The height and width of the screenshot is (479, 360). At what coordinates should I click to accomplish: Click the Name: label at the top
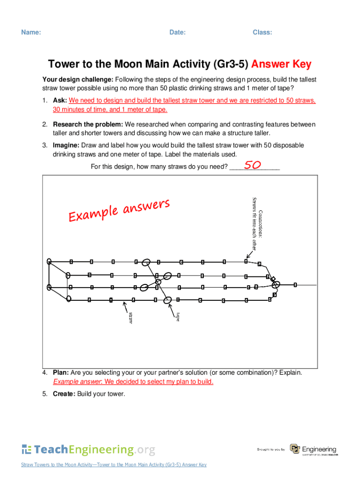(x=30, y=32)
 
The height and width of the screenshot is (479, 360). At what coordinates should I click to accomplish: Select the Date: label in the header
(x=177, y=32)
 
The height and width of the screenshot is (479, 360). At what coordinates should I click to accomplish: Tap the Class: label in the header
(x=262, y=32)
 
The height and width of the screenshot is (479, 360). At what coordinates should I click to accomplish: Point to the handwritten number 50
(x=252, y=165)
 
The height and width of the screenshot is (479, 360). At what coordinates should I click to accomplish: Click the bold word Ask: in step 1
(x=60, y=101)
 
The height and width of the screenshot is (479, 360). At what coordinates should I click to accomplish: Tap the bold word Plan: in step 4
(x=61, y=373)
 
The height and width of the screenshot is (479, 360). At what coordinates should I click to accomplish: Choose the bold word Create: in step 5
(x=64, y=394)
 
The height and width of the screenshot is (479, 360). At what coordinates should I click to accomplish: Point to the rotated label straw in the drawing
(x=131, y=318)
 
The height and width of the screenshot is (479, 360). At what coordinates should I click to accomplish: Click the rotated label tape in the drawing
(x=178, y=317)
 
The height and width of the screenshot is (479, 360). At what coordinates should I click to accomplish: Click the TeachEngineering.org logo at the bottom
(x=88, y=450)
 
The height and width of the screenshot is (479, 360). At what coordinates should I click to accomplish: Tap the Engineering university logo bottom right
(x=313, y=450)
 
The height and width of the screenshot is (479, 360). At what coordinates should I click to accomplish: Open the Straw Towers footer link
(x=114, y=464)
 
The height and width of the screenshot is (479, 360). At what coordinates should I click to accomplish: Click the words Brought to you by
(x=271, y=450)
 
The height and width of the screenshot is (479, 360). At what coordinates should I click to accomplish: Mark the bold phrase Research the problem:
(x=88, y=124)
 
